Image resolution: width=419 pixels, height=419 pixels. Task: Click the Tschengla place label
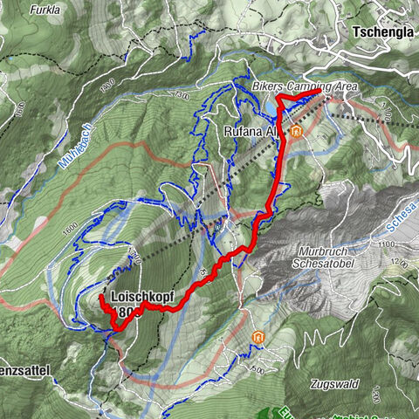(382, 31)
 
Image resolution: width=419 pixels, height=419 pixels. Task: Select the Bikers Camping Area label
(291, 88)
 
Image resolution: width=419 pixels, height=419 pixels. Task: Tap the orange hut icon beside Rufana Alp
(297, 132)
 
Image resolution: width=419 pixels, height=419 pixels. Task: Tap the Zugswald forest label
(333, 382)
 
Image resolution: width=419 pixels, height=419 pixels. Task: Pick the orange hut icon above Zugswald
(257, 337)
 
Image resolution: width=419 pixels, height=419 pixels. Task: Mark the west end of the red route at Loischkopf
(101, 299)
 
